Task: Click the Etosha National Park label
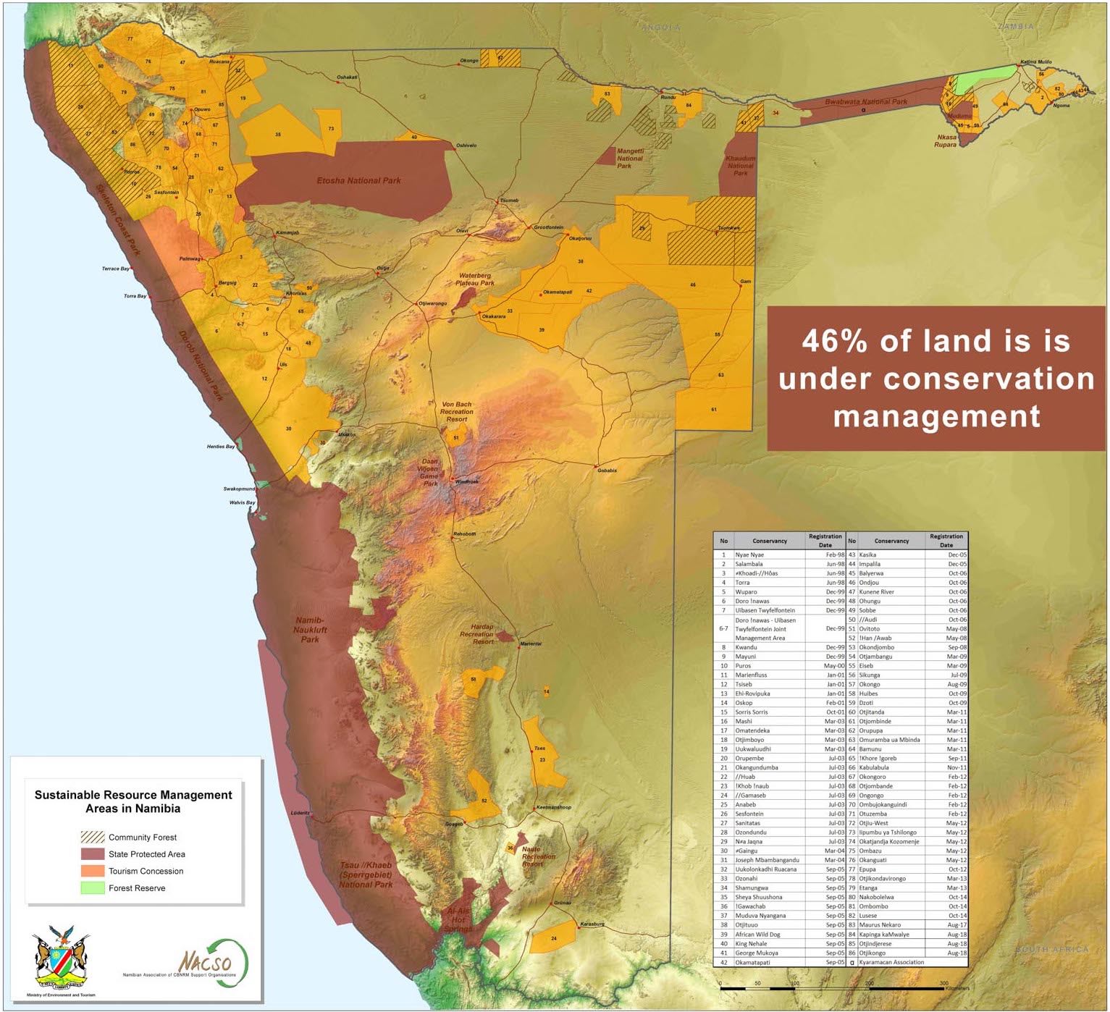coord(358,180)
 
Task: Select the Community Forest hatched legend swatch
coord(92,838)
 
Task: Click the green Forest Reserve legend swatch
coord(92,888)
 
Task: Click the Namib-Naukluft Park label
coord(310,630)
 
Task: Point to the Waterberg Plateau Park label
coord(475,279)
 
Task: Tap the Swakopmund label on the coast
coord(239,489)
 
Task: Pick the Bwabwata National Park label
coord(865,102)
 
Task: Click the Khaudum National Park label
coord(740,166)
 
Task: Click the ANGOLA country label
coord(660,28)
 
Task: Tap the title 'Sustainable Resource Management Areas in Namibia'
coord(133,801)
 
